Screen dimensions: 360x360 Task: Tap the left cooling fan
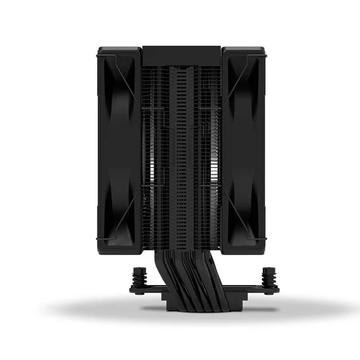point(119,149)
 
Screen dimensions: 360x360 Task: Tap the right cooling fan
point(243,149)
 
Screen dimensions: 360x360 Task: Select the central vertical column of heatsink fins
point(181,154)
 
